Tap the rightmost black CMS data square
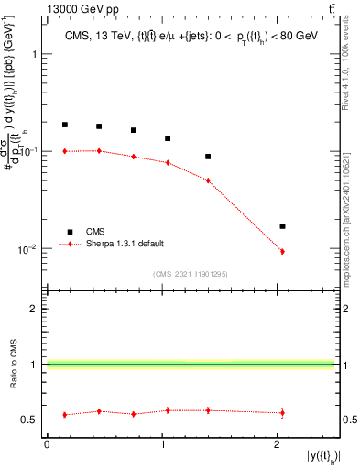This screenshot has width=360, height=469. tap(282, 225)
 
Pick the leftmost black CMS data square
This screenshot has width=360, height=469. tap(65, 125)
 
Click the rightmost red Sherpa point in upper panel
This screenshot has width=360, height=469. tap(282, 251)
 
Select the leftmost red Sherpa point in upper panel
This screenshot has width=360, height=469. tap(65, 151)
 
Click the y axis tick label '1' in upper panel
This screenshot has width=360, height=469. tap(36, 53)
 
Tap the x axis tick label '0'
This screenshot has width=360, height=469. tap(47, 444)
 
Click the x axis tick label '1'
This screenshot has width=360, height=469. tap(162, 444)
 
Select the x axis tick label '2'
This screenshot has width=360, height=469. tap(278, 444)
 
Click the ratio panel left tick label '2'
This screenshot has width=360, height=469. tap(36, 309)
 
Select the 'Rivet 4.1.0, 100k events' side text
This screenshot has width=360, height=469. tap(352, 82)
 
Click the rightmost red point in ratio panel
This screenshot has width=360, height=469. tap(282, 413)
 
